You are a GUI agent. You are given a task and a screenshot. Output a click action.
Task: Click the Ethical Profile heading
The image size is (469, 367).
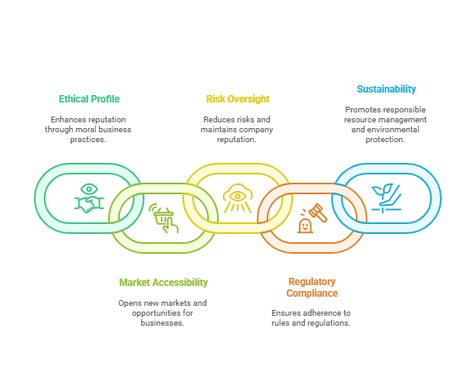[89, 99]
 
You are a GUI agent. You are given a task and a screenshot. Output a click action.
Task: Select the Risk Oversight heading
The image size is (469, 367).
[238, 99]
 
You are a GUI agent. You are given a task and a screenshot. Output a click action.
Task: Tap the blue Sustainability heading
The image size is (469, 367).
[386, 89]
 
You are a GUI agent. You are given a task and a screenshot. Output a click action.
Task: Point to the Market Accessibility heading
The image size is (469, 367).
[163, 283]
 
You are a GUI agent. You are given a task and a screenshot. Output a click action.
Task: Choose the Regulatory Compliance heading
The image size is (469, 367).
[312, 288]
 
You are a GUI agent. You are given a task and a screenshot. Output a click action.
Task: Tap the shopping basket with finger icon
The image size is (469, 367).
[163, 218]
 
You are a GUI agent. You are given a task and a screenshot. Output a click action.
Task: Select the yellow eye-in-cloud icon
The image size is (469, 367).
[238, 198]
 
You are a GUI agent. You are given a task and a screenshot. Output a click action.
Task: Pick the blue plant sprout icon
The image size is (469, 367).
[386, 198]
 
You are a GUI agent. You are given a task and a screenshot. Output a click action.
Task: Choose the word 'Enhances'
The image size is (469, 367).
[65, 119]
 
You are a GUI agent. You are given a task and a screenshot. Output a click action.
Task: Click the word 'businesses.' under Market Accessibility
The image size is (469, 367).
[163, 322]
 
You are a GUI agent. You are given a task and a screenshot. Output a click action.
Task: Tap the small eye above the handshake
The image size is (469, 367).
[89, 189]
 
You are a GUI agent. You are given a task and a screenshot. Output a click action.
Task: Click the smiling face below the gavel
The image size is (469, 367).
[305, 226]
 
